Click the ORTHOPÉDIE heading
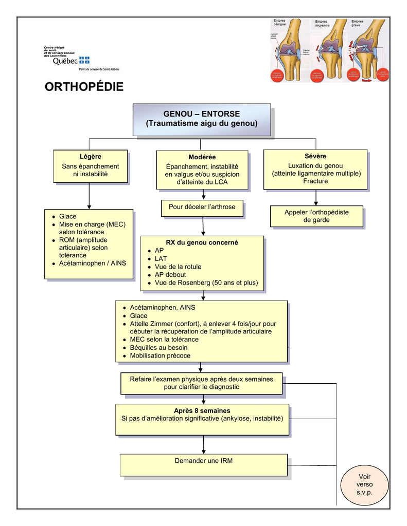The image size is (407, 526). pos(84,87)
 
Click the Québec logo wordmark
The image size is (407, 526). pos(65,61)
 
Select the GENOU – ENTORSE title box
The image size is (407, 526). pos(202,119)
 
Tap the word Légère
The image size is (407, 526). pos(91,156)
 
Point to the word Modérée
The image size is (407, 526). pos(202,157)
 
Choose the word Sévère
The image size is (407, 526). pos(315,156)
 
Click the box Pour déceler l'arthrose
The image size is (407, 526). pos(202,207)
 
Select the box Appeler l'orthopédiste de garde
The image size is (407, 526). pos(316,216)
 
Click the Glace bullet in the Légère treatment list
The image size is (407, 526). pos(67,216)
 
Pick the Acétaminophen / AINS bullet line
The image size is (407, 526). pos(92,263)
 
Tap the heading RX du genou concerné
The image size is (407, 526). pos(202,242)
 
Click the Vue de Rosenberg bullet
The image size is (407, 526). pos(206,283)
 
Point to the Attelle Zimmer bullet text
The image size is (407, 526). pos(203,324)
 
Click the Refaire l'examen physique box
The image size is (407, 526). pos(202,383)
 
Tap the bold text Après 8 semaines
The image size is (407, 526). pos(202,410)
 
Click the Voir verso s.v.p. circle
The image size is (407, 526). pos(364,485)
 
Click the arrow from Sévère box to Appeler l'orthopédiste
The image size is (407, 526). pos(315,198)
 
